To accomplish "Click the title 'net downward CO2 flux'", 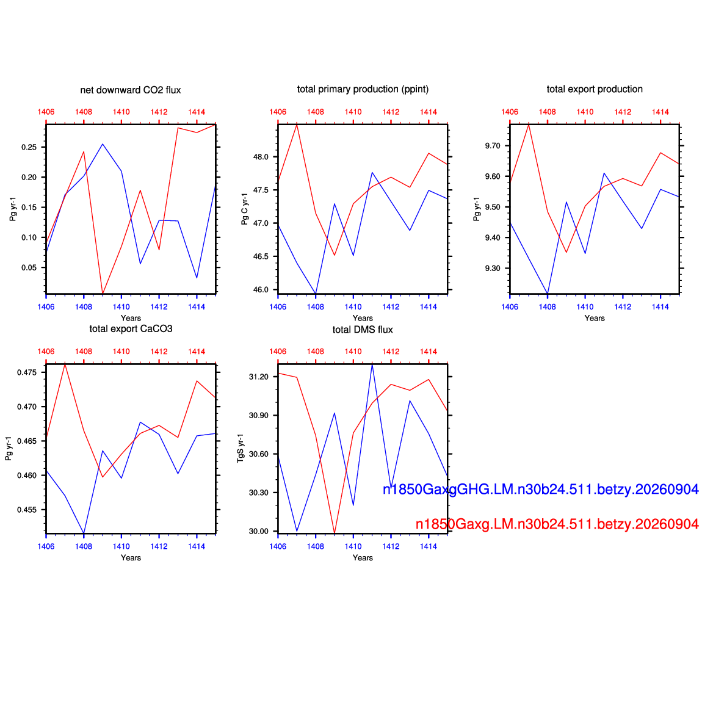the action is click(130, 90).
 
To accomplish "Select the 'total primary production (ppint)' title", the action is click(363, 89).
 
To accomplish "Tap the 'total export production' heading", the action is click(595, 89).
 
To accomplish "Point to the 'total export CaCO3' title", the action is click(131, 328).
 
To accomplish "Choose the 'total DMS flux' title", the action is click(363, 330).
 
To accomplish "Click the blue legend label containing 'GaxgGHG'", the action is click(540, 490).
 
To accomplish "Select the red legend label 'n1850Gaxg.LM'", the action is click(557, 524).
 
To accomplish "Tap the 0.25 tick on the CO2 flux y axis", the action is click(29, 147).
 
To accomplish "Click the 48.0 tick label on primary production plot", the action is click(261, 157).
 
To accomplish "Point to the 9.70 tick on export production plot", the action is click(493, 145).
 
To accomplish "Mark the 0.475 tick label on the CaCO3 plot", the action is click(27, 372).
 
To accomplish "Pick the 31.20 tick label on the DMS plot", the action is click(259, 377).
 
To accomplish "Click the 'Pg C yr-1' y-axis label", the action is click(244, 209).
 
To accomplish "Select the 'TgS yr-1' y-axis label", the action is click(241, 448).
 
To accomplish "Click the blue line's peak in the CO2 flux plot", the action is click(103, 144).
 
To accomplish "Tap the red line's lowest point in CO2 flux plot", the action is click(103, 293).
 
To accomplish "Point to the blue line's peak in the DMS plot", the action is click(372, 365).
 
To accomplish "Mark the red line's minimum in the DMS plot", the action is click(335, 533).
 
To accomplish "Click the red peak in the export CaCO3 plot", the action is click(65, 364).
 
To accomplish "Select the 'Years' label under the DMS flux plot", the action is click(363, 558).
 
